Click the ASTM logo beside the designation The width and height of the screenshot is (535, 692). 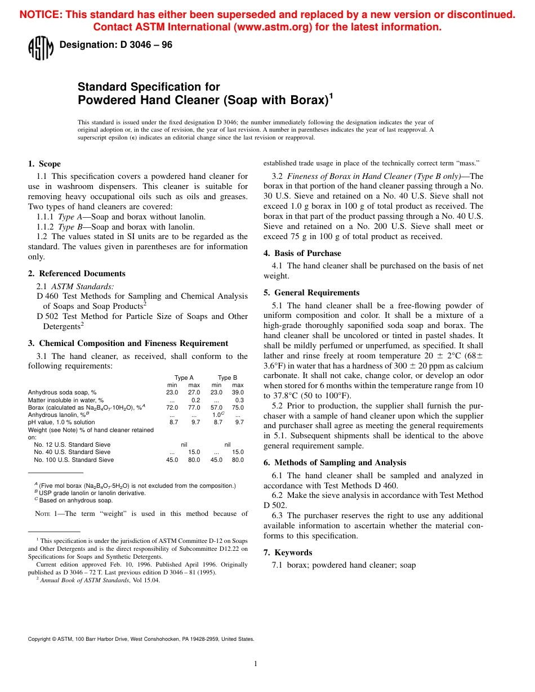[41, 48]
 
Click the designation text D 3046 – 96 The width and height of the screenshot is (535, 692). [115, 46]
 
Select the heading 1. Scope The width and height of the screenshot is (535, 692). [44, 164]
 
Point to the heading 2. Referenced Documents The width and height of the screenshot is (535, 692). [77, 273]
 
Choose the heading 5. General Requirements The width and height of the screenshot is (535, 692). [311, 293]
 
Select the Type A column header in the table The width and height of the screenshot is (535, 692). [184, 378]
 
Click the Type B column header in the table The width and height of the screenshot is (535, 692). [228, 378]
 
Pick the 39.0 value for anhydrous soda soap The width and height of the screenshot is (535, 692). [238, 392]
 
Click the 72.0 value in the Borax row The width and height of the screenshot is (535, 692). [172, 407]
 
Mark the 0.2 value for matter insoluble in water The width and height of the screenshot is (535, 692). [195, 400]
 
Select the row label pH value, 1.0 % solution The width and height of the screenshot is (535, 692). [61, 422]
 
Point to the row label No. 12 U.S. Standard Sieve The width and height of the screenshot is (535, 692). [72, 444]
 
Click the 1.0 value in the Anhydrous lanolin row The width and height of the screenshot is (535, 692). [216, 415]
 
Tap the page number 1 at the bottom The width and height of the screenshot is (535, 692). [256, 664]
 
